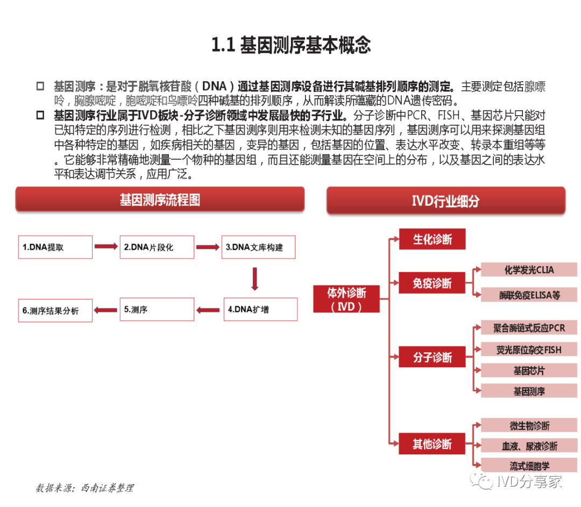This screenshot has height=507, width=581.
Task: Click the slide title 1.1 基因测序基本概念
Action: tap(291, 45)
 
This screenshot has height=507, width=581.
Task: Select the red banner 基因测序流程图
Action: tap(160, 199)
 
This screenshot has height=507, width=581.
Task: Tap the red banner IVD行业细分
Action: tap(446, 201)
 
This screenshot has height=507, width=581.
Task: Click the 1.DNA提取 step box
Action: tap(55, 247)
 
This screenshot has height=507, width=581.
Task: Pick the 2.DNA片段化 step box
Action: tap(157, 247)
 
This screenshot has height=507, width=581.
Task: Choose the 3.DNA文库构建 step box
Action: tap(258, 247)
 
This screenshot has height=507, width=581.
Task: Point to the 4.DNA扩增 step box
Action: tap(260, 309)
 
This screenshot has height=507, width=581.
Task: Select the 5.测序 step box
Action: tap(157, 309)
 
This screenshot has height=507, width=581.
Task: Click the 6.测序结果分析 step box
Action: tap(55, 310)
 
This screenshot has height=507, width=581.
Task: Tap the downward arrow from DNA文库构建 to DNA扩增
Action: tap(254, 279)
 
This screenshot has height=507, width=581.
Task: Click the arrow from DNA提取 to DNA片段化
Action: tap(106, 246)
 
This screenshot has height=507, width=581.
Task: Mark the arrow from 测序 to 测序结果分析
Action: tap(105, 310)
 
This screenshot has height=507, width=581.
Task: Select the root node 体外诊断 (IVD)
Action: tap(346, 299)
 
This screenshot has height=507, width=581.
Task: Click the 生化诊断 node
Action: tap(432, 239)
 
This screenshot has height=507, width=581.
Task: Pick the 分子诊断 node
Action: tap(432, 357)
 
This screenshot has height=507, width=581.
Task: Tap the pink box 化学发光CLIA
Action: tap(529, 269)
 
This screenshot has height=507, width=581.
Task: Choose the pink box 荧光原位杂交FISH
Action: tap(529, 349)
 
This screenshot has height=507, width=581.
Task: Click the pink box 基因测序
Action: tap(529, 391)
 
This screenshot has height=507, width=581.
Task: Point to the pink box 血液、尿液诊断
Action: tap(529, 446)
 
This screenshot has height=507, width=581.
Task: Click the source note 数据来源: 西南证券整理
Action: tap(85, 488)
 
